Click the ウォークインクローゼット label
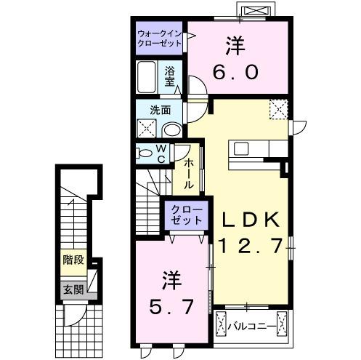tap(161, 37)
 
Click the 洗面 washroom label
tap(161, 111)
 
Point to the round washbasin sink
tap(171, 129)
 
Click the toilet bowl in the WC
tap(147, 154)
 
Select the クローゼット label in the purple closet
tap(183, 215)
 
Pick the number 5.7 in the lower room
tap(171, 306)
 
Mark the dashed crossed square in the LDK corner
tap(278, 110)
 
